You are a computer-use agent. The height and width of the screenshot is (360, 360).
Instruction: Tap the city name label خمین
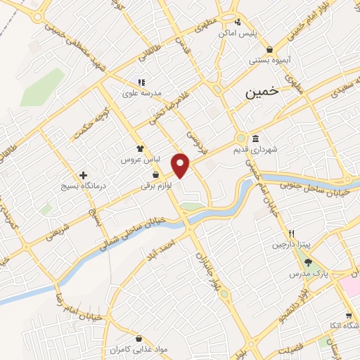point(260,92)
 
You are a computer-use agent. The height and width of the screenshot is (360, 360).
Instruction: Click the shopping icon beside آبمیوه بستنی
point(271,49)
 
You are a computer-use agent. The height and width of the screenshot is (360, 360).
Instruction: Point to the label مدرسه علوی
point(142,93)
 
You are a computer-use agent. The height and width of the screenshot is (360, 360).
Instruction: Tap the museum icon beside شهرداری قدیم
point(254,138)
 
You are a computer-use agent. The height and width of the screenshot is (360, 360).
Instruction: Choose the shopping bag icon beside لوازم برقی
point(155,174)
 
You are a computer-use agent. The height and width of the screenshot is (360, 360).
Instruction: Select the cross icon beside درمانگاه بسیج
point(84,174)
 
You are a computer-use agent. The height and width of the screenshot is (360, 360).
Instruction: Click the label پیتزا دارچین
point(290,245)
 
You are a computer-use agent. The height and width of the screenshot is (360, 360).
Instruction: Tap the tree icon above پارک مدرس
point(308,262)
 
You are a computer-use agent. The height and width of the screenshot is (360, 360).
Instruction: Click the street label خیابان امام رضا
point(63,302)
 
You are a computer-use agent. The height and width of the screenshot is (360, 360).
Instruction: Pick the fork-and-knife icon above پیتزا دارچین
point(290,233)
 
